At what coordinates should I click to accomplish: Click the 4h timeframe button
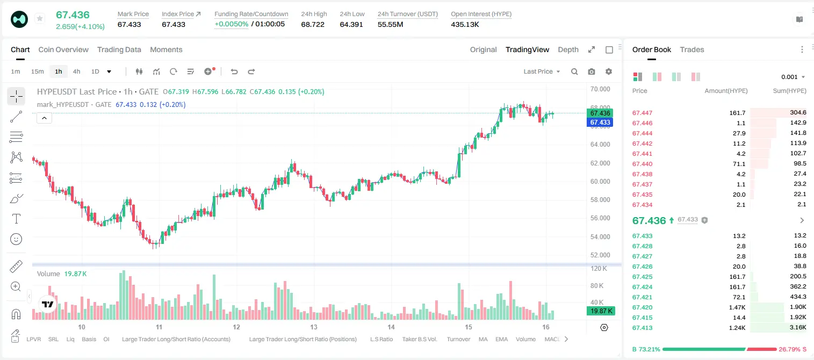76,71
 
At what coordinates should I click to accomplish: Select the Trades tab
692,49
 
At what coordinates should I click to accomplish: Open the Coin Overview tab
63,49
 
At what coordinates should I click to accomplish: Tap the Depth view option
568,49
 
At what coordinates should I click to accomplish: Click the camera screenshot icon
592,71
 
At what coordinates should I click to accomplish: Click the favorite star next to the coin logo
40,18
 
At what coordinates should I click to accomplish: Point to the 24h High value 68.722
313,24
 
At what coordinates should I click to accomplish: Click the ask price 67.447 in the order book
642,113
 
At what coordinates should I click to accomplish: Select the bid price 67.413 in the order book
642,328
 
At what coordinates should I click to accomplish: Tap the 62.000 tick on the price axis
600,163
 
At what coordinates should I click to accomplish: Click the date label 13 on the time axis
314,327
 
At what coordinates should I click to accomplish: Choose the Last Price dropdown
542,71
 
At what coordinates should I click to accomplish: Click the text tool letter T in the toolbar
16,219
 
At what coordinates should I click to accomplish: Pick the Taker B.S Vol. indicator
419,339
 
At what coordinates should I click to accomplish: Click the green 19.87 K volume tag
601,311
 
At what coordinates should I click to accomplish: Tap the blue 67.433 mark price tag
600,123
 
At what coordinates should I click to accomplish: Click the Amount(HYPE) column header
726,91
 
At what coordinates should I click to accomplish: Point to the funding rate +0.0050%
232,24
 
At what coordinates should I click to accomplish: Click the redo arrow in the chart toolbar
251,71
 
